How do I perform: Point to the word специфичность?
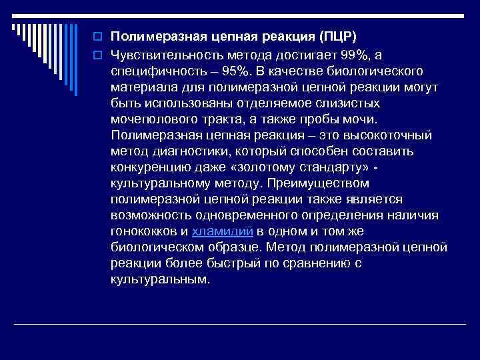click(x=155, y=71)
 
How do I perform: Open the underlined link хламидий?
click(x=222, y=231)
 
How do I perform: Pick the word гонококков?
click(x=145, y=231)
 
